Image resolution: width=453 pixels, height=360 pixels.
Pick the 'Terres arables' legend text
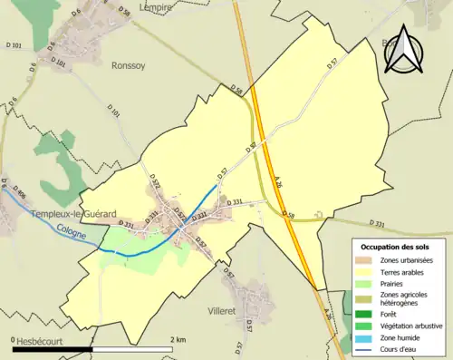click(x=404, y=271)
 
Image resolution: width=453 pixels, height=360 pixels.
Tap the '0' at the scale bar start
click(x=14, y=339)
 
